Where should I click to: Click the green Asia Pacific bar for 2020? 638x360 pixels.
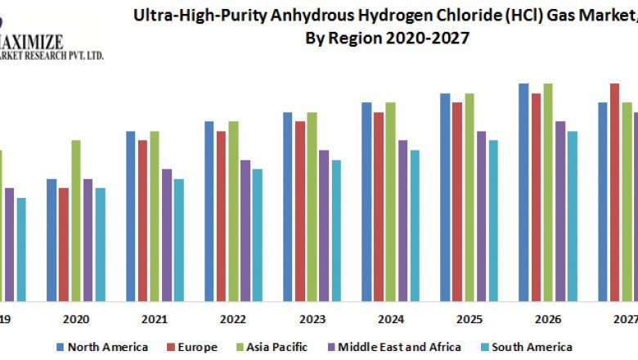(x=75, y=220)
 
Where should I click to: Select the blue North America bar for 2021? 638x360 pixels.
(x=130, y=216)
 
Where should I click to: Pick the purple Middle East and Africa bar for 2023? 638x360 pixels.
(x=324, y=225)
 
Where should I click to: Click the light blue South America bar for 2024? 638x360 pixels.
(x=415, y=225)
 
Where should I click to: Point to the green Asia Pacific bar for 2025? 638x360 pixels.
(x=470, y=197)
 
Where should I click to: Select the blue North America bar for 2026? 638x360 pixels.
(x=523, y=192)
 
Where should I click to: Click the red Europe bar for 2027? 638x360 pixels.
(x=614, y=192)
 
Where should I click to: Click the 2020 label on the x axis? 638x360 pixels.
(x=75, y=319)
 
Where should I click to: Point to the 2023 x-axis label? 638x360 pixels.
(x=312, y=319)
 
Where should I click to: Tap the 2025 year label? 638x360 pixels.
(x=469, y=319)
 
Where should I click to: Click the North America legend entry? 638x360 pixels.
(x=101, y=347)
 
